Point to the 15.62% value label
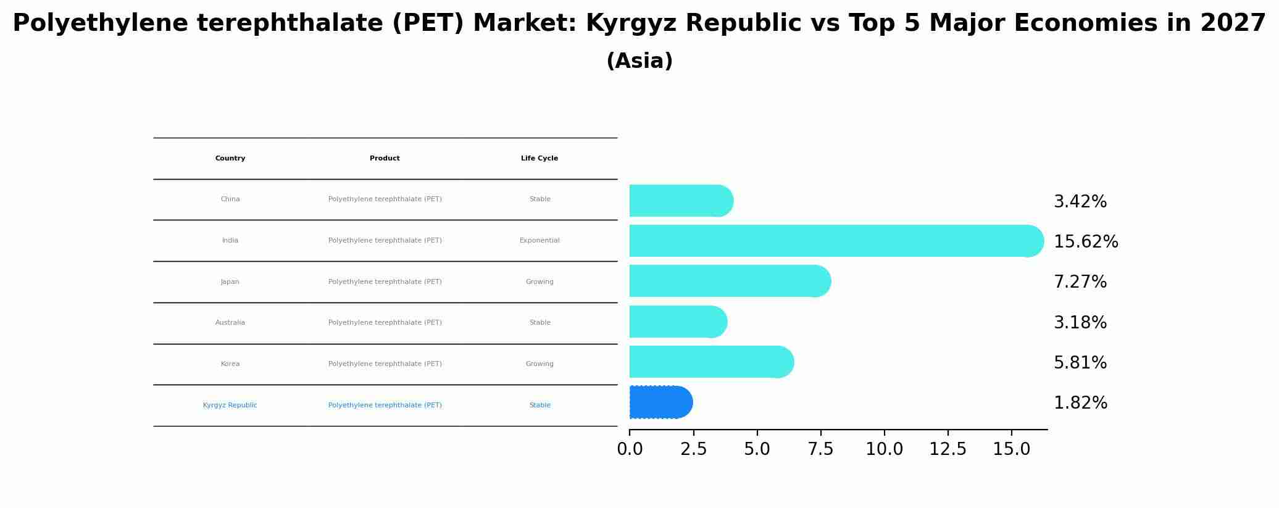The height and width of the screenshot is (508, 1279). (1085, 242)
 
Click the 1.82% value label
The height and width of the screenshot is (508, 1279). (1080, 403)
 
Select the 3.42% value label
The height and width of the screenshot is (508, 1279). (1080, 202)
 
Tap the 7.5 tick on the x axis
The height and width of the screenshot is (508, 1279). (820, 449)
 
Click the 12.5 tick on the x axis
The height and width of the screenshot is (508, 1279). (948, 449)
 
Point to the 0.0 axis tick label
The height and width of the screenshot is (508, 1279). (630, 449)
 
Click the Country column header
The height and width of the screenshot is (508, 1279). (230, 159)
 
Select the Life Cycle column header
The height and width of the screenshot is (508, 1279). (540, 159)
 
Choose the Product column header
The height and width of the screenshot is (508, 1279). (385, 159)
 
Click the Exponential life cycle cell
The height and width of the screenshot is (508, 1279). (540, 241)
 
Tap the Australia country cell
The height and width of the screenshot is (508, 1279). (230, 323)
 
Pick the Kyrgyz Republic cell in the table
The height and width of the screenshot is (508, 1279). (230, 406)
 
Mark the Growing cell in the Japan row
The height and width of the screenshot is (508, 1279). (540, 282)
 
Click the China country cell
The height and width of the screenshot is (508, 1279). (230, 199)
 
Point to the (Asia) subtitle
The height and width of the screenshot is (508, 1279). (639, 61)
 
